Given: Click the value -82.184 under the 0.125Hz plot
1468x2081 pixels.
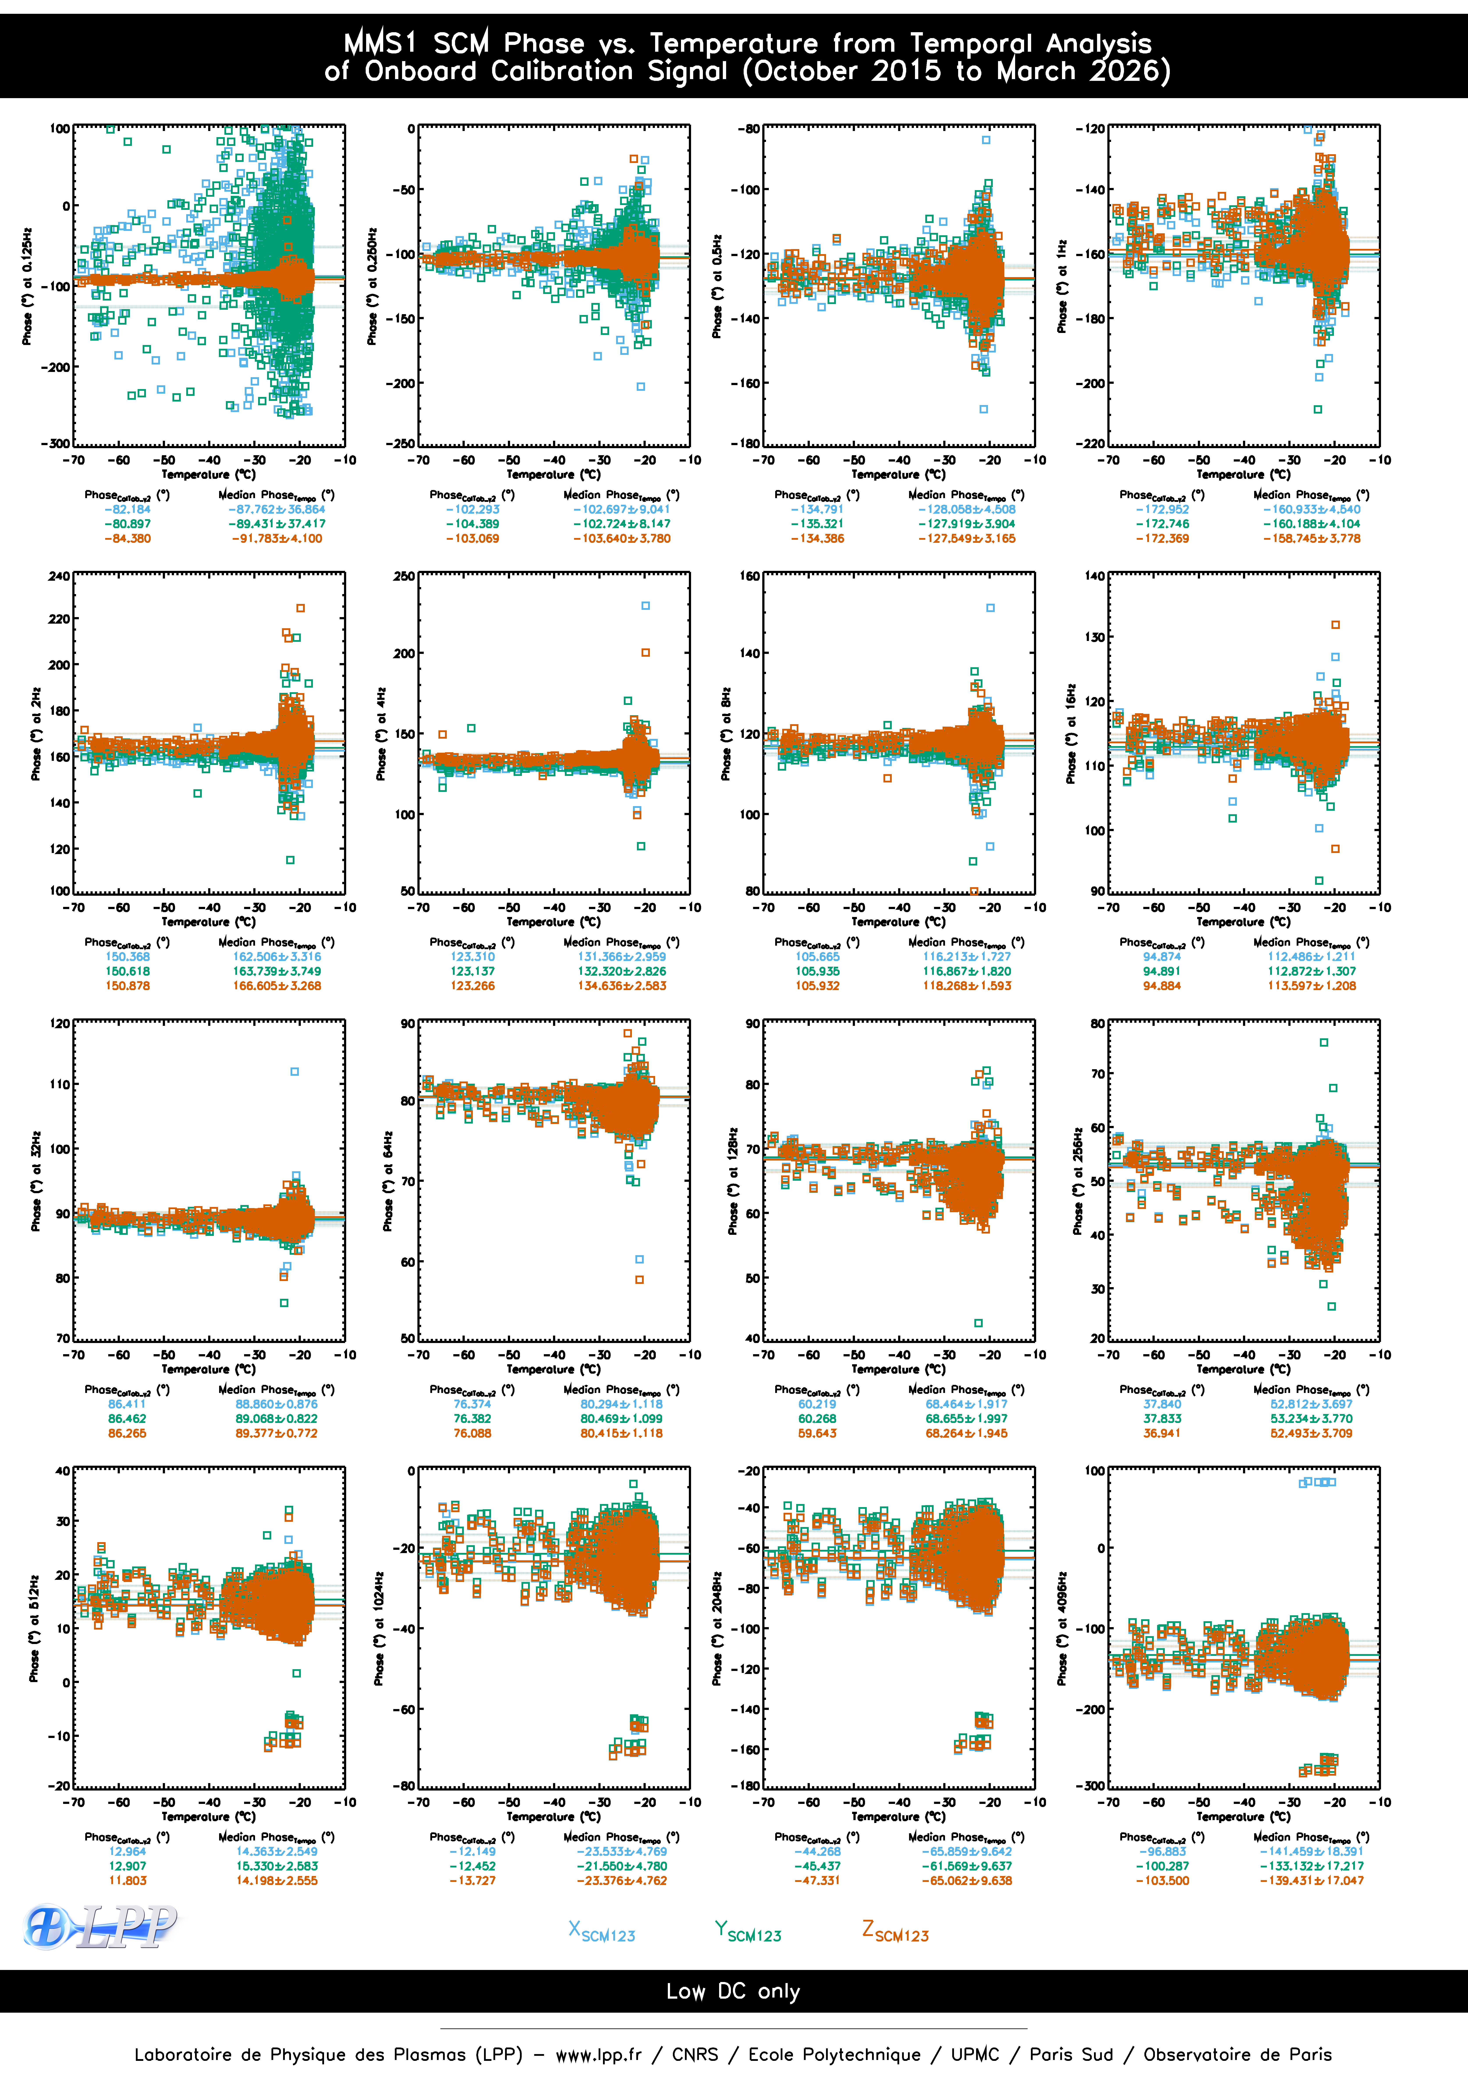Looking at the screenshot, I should coord(128,509).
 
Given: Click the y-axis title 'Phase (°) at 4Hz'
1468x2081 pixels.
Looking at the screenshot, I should coord(382,733).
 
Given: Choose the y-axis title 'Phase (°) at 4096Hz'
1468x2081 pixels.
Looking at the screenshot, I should coord(1062,1628).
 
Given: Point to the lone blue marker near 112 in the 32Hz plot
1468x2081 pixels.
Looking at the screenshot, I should coord(294,1071).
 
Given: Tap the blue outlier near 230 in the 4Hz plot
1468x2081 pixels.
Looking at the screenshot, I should coord(646,605).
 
